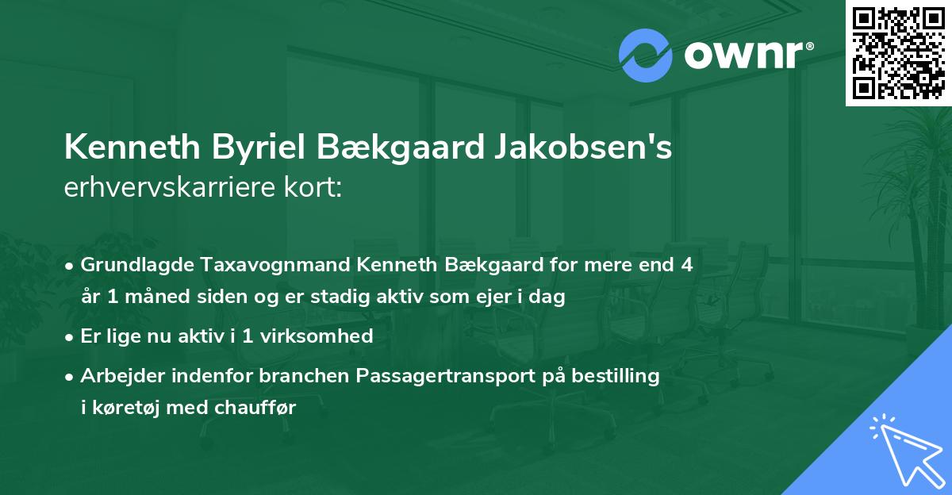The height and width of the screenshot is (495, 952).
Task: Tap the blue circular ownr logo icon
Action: pos(645,56)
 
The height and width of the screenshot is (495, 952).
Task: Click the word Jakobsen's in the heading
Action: pos(585,148)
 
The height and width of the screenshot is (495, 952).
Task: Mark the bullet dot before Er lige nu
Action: pos(71,336)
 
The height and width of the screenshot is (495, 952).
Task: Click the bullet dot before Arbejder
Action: pos(71,376)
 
